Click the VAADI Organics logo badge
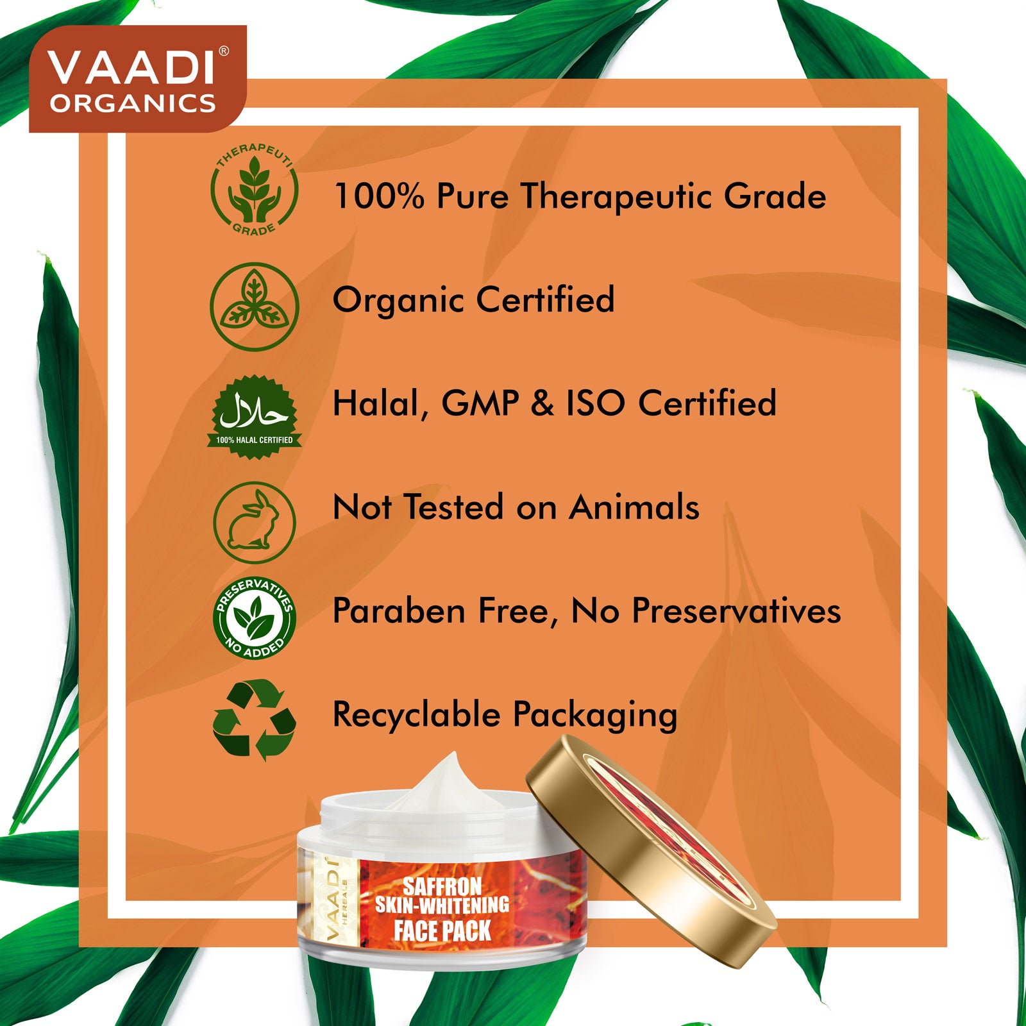tap(138, 79)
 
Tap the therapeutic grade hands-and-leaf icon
tap(255, 190)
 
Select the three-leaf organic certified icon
tap(255, 307)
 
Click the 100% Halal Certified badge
tap(255, 417)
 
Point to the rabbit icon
tap(255, 523)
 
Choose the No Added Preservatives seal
tap(255, 618)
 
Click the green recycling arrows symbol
tap(255, 719)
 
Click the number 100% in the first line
tap(379, 196)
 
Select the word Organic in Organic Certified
tap(399, 301)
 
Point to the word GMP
tap(480, 403)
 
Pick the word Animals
tap(634, 507)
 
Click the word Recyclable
tap(416, 714)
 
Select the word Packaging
tap(594, 716)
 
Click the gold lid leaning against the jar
tap(650, 850)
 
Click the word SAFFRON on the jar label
tap(442, 887)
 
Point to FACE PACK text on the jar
tap(442, 930)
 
